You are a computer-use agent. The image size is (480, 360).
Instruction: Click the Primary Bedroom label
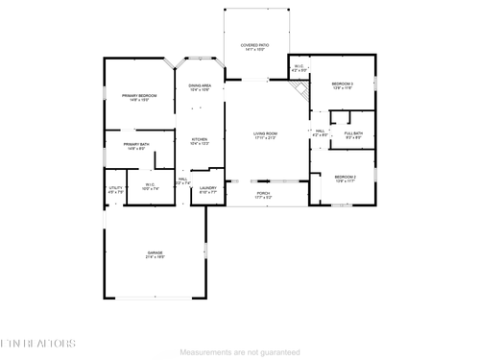click(x=139, y=98)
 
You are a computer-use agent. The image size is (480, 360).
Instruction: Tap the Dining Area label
click(x=200, y=88)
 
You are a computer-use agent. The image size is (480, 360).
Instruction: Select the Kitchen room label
click(x=199, y=141)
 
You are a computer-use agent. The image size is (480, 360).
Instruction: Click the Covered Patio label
click(x=254, y=47)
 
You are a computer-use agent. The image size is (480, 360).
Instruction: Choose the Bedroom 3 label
click(x=343, y=86)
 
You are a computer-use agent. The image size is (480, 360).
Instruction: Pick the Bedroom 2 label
click(x=345, y=179)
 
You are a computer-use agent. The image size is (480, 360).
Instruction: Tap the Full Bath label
click(x=352, y=134)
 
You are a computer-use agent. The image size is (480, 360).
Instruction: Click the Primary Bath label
click(x=135, y=146)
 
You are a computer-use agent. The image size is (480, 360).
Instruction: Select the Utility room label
click(x=115, y=190)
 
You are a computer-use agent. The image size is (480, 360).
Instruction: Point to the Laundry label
click(x=208, y=190)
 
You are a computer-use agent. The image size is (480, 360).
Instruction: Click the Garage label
click(x=155, y=255)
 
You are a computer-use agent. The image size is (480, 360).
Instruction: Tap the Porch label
click(x=263, y=195)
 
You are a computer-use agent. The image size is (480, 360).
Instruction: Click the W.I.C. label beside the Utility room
click(x=150, y=186)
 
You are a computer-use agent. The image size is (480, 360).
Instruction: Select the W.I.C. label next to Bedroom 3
click(x=299, y=68)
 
